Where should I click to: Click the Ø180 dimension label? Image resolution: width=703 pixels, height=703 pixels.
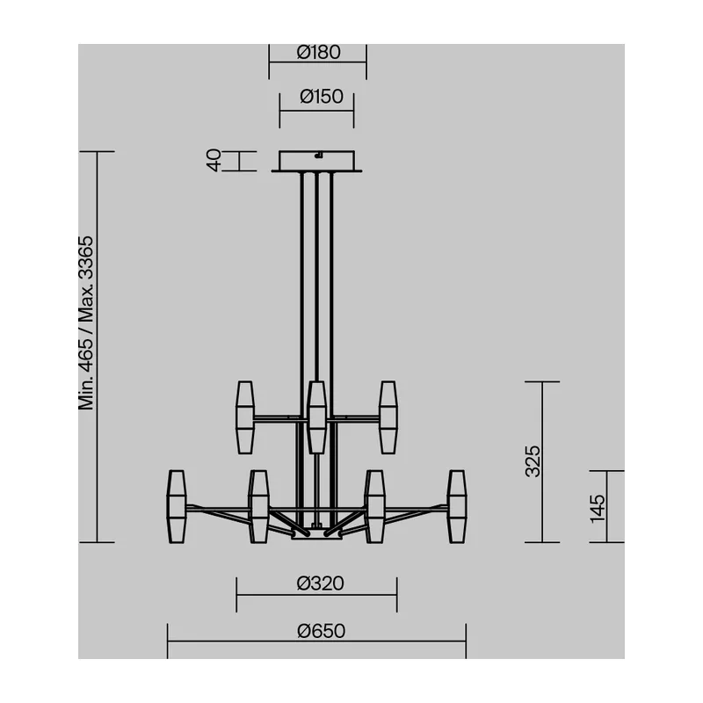click(318, 53)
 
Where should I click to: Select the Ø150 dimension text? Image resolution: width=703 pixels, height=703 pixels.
click(322, 97)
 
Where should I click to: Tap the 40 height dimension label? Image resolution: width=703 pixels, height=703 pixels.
click(214, 160)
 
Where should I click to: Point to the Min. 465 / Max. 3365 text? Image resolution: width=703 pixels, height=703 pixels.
click(85, 323)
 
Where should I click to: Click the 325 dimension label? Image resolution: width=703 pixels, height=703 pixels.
click(533, 461)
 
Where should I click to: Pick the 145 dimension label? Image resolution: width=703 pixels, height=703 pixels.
click(598, 509)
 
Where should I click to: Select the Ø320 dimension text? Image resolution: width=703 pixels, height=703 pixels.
click(320, 583)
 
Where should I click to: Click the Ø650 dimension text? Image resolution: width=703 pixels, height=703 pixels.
click(321, 631)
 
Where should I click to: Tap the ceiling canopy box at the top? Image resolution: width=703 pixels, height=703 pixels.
click(316, 160)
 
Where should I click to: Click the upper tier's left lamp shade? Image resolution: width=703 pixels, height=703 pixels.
click(245, 417)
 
